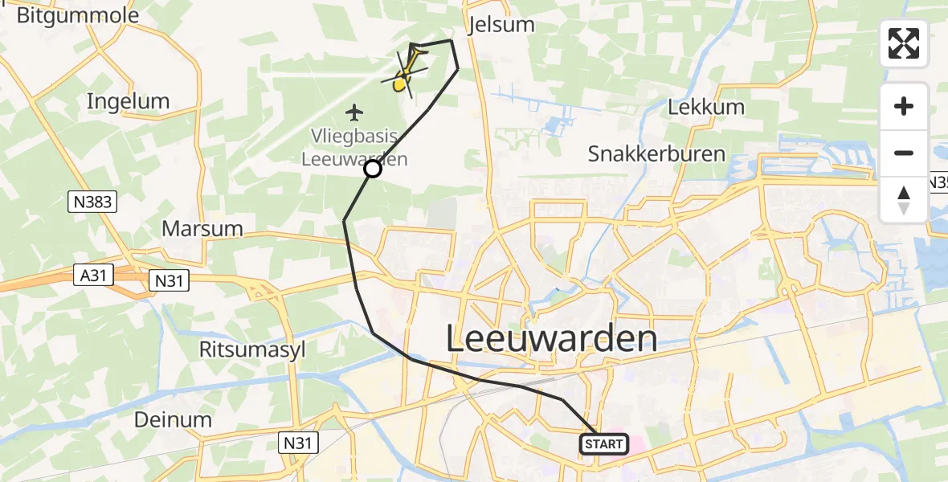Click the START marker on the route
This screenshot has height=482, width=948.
point(603,444)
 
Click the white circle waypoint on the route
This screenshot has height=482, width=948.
point(373,168)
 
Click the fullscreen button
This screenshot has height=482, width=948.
point(904,43)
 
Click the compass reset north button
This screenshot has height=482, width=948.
point(904,200)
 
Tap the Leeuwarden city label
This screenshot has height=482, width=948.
point(551,339)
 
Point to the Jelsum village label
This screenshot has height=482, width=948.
point(501,24)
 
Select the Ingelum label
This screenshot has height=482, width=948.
point(128,101)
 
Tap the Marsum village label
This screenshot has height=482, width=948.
point(202,228)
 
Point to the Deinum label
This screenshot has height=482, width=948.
point(174,419)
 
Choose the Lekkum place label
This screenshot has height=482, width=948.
point(706,107)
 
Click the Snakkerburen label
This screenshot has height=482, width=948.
point(656,153)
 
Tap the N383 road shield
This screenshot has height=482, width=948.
point(93,204)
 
